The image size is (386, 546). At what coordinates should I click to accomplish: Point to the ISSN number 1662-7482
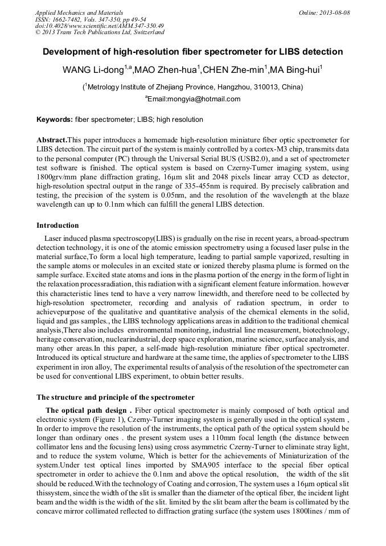tap(73, 19)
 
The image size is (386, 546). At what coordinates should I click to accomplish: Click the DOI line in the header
tap(100, 26)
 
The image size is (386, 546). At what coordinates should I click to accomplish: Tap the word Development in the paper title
tap(72, 52)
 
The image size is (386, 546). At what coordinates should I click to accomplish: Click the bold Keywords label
tap(54, 120)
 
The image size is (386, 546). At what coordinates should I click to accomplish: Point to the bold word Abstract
tap(52, 140)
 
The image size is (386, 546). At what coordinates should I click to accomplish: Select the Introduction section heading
tap(58, 225)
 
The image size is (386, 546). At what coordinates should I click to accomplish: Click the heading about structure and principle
tap(116, 397)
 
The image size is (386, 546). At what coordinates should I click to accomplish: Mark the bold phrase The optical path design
tap(89, 410)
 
